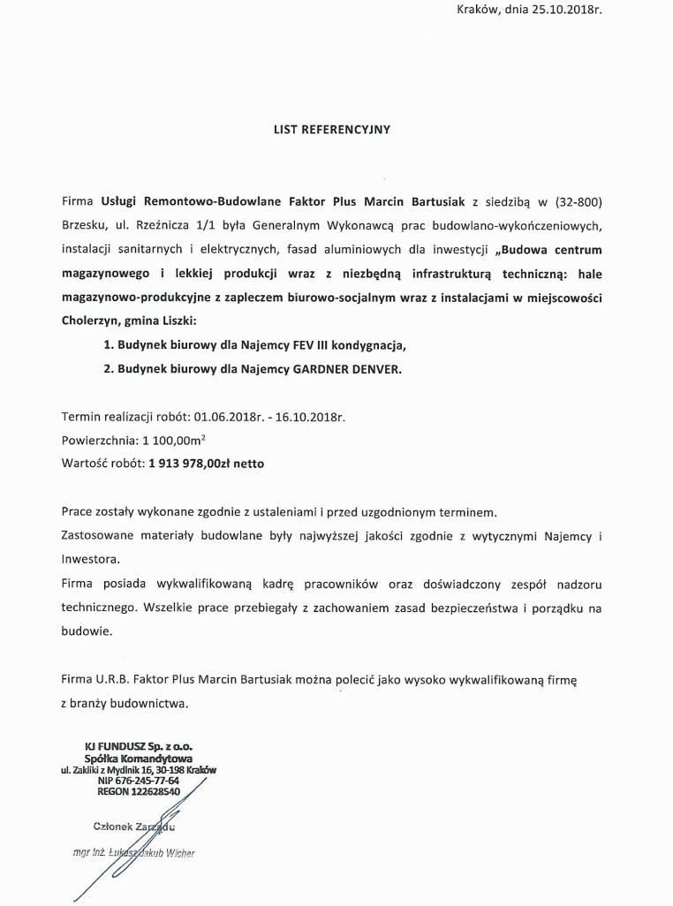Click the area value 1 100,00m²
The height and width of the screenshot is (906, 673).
(x=179, y=439)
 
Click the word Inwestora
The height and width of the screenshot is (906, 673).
(x=89, y=559)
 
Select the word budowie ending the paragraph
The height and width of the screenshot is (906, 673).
(x=87, y=632)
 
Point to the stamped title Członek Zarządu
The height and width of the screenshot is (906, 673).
(x=133, y=827)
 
